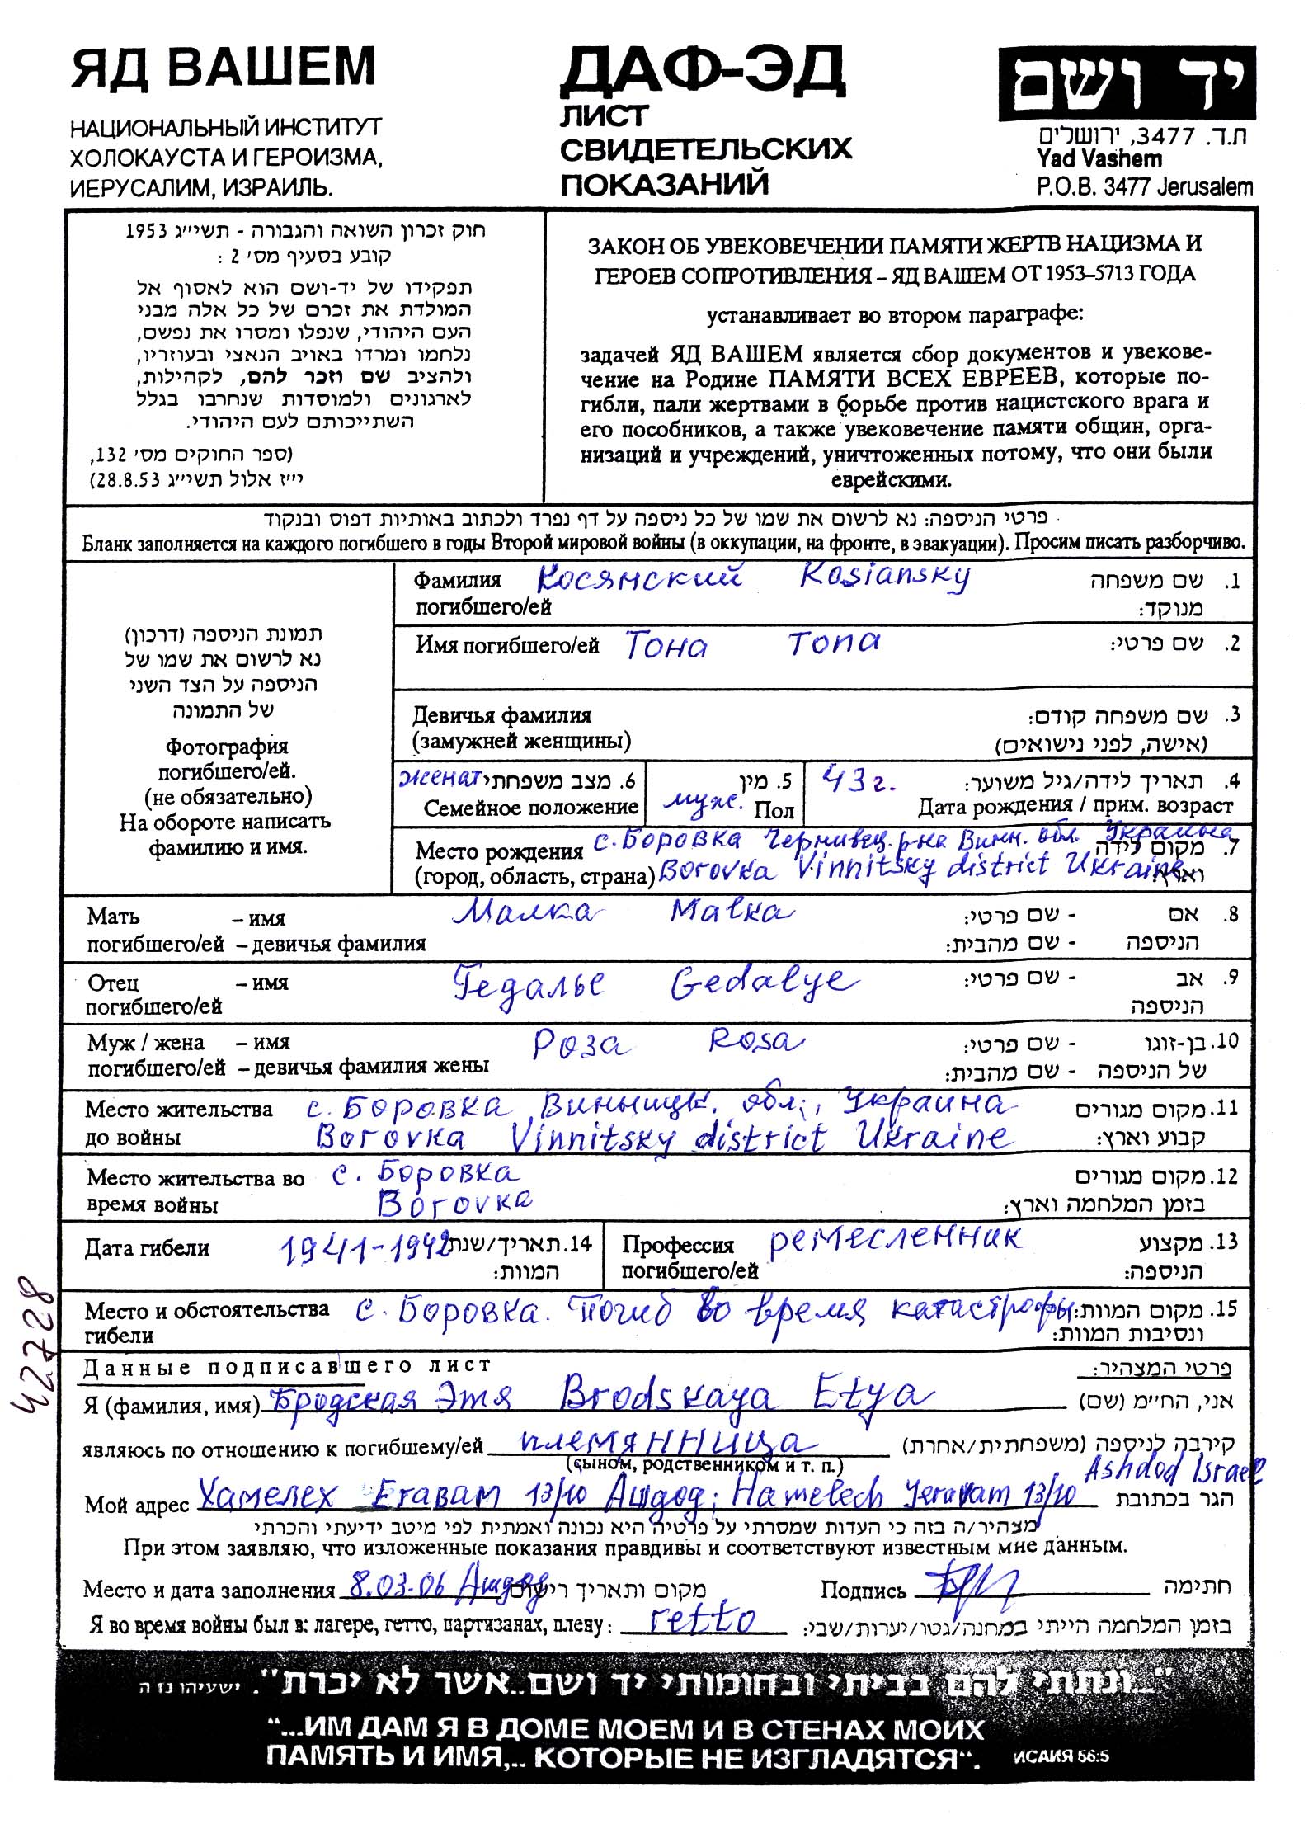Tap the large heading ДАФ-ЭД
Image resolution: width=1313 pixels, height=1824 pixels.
[x=703, y=73]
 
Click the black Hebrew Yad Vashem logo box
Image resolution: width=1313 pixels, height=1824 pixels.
[x=1127, y=84]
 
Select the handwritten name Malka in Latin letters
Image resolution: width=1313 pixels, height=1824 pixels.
[x=731, y=912]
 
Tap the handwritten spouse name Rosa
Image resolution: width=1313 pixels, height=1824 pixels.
[x=755, y=1042]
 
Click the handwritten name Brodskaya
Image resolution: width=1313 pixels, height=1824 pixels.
[x=666, y=1396]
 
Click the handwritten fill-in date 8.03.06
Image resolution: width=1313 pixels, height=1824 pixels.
[x=393, y=1584]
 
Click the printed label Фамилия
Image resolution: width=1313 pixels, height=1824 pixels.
[x=457, y=580]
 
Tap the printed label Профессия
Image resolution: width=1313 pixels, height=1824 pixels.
[x=677, y=1245]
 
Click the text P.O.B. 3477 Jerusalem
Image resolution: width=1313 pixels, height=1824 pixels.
[x=1145, y=186]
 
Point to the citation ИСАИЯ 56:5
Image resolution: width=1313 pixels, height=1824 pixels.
[x=1061, y=1756]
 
